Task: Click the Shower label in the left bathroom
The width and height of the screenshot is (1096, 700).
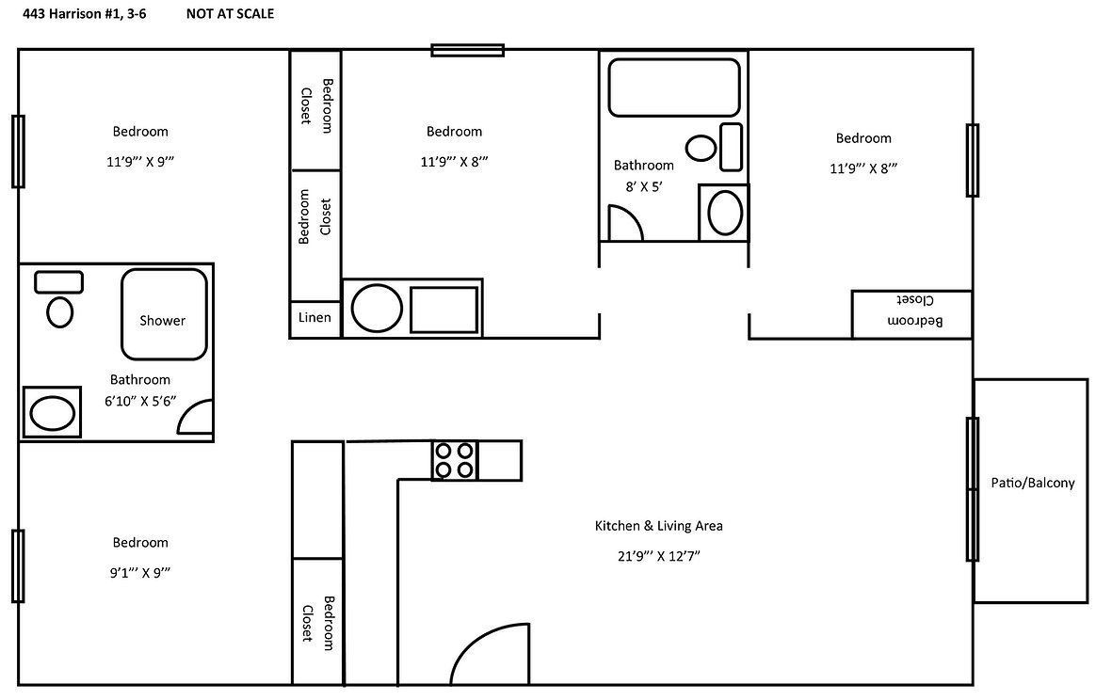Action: [163, 321]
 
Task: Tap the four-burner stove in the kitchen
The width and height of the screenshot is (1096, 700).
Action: [454, 460]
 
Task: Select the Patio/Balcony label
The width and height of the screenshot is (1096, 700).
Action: [1032, 483]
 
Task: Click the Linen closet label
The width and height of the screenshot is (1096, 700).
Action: [314, 318]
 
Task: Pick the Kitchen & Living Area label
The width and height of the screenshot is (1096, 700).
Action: [658, 526]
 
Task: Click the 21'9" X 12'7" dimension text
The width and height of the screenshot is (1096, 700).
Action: [658, 556]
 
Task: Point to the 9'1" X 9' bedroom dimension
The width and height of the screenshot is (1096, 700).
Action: [140, 572]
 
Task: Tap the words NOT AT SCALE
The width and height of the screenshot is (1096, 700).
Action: [230, 14]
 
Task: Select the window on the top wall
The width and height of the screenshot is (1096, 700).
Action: [467, 50]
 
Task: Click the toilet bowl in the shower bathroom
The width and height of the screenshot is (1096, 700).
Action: [59, 311]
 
